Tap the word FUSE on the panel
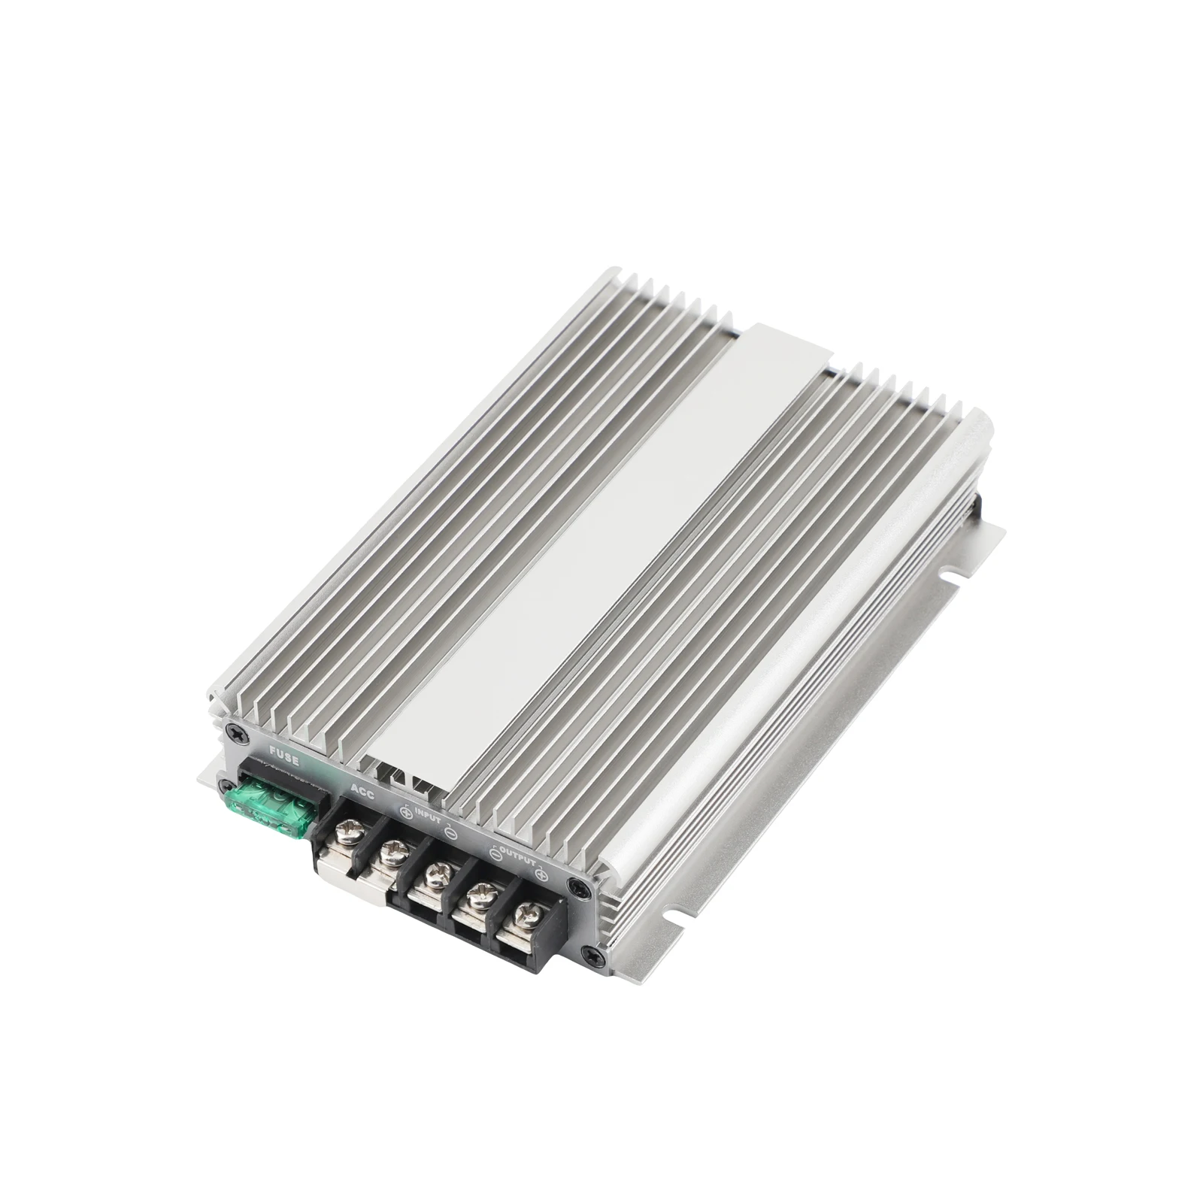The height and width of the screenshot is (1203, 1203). point(283,758)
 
